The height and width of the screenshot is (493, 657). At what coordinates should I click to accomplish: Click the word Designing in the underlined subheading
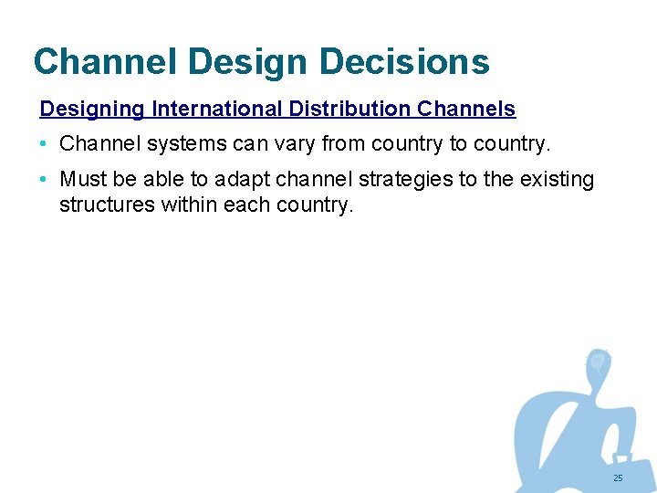click(x=92, y=110)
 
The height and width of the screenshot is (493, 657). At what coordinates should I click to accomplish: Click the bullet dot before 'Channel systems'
click(x=45, y=144)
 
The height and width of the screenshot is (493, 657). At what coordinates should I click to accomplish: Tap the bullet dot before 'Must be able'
click(x=45, y=180)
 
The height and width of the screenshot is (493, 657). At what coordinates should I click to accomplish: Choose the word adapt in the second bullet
click(x=239, y=180)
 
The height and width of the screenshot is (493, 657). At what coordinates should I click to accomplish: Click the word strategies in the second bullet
click(x=407, y=180)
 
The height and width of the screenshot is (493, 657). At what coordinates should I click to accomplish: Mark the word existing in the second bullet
click(x=558, y=180)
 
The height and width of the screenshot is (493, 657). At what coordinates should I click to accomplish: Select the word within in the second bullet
click(x=188, y=204)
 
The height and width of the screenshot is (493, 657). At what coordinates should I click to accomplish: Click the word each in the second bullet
click(x=245, y=204)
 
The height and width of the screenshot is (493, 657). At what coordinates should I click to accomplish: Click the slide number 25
click(x=618, y=478)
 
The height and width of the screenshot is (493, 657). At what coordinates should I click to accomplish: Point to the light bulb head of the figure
click(x=598, y=362)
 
